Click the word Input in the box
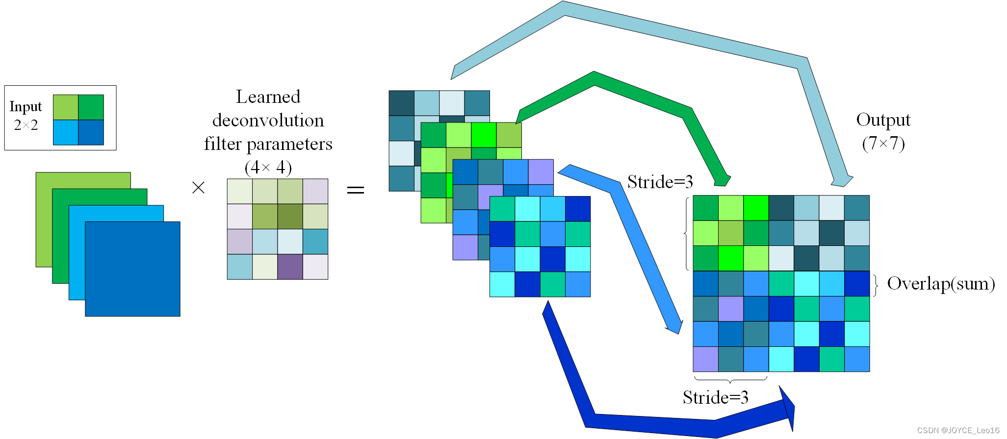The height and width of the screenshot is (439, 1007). point(26,107)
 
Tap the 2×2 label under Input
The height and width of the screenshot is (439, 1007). point(26,125)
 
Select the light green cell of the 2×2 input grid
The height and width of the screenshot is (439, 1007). point(66,107)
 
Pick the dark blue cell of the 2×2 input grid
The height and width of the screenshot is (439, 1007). point(91,132)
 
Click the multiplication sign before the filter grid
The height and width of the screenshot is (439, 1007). point(198,188)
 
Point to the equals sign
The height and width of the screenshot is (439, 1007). point(356,190)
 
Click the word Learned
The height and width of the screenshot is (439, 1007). point(268,97)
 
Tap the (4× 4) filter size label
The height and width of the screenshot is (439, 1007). point(268,167)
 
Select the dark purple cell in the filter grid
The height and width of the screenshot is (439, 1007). point(290,267)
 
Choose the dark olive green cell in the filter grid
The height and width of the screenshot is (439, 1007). point(290,217)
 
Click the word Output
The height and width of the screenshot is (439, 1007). point(883,120)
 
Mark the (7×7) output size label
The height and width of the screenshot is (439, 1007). point(883,143)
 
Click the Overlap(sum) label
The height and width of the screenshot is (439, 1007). point(941,284)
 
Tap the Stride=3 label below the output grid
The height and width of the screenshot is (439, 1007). point(715,397)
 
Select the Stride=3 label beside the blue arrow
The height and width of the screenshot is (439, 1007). point(660,182)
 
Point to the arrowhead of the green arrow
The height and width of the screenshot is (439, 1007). point(722,180)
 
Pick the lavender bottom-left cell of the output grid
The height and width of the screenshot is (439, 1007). point(705,359)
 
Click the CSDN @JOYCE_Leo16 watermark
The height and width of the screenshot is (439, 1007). point(958,430)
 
